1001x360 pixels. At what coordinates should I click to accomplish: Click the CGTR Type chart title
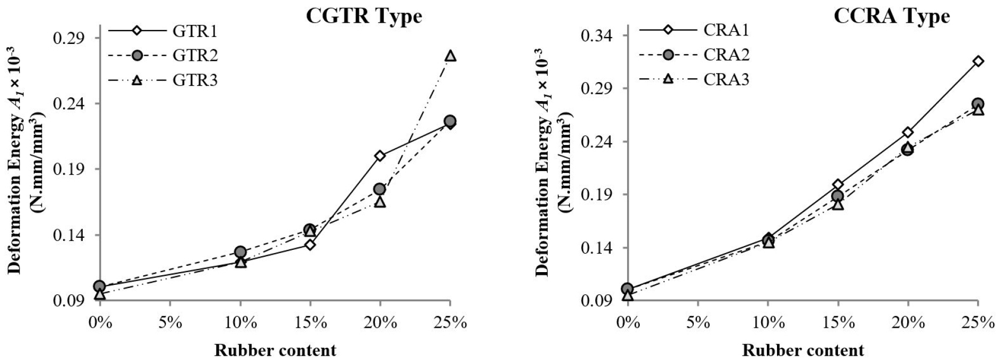click(x=364, y=16)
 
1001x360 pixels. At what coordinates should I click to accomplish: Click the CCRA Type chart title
click(x=891, y=16)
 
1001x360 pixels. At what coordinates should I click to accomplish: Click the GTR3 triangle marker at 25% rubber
click(x=450, y=56)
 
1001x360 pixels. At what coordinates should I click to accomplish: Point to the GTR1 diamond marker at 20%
click(x=380, y=156)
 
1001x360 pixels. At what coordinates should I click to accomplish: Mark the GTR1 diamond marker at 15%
click(x=310, y=245)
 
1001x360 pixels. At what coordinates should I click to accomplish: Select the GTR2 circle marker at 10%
click(x=240, y=251)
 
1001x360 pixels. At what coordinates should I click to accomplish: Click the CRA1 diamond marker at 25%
click(x=978, y=61)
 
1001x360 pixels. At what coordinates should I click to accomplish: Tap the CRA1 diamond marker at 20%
click(x=908, y=132)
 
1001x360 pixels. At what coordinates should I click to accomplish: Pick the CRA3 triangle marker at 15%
click(x=837, y=204)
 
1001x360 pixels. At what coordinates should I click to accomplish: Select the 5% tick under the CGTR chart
click(x=169, y=322)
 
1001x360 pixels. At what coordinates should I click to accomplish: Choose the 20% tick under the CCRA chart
click(x=908, y=322)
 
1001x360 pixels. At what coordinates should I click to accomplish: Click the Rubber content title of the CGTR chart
click(x=275, y=350)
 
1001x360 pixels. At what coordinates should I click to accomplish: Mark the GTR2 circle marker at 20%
click(x=379, y=189)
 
